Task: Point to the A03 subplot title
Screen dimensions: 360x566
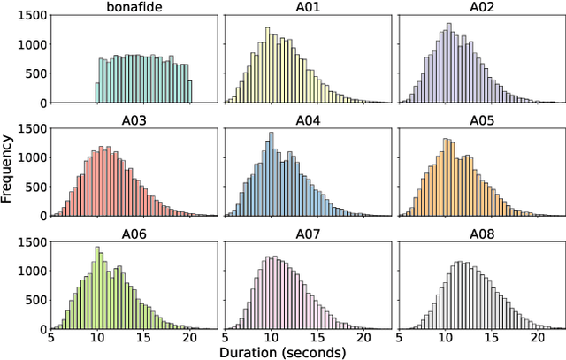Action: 133,119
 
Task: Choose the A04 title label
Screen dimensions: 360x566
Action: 307,119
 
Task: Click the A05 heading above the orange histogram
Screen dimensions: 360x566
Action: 480,119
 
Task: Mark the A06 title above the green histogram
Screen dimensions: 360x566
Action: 133,233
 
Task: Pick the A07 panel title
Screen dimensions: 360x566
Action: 307,233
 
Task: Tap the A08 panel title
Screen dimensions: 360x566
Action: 480,233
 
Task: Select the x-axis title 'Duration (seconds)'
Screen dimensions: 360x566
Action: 306,351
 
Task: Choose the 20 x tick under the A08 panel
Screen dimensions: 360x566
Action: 537,337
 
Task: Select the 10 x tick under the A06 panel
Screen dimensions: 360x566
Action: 96,337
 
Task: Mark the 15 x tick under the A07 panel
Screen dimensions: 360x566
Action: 317,337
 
